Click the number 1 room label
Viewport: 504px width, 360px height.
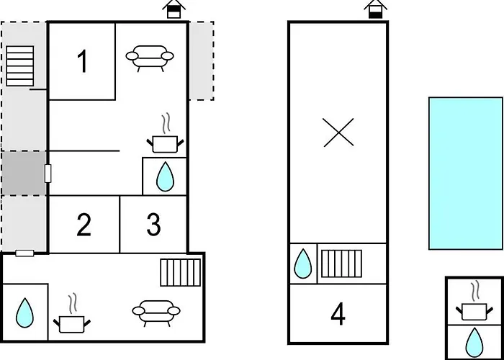[83, 62]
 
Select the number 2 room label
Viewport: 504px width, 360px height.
[84, 225]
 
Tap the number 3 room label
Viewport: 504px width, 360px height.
[153, 225]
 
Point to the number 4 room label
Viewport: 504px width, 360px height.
[338, 315]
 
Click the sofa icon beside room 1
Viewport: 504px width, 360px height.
[150, 58]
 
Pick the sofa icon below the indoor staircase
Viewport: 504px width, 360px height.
[156, 313]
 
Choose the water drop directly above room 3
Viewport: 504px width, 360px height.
[165, 176]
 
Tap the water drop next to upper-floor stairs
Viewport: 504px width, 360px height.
[303, 264]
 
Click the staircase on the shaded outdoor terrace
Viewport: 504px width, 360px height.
[20, 66]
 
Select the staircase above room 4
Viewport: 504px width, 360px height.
[341, 264]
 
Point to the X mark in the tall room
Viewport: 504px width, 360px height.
[338, 132]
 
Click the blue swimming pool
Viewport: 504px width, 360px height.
[466, 174]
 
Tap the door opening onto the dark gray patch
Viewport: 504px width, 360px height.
[48, 174]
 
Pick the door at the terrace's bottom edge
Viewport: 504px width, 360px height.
[24, 253]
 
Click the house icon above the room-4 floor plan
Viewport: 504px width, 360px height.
[375, 9]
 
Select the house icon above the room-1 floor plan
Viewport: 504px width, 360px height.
[174, 9]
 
